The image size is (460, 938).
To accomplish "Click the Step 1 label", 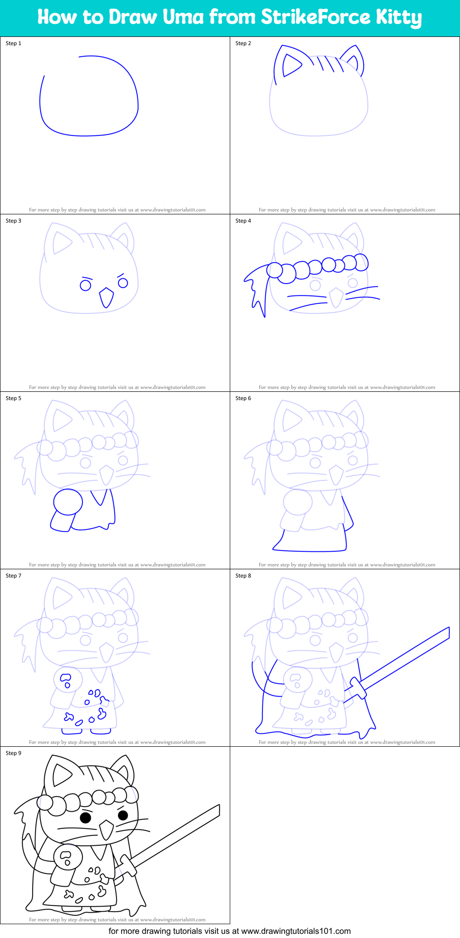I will click(x=13, y=43).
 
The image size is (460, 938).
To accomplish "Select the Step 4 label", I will click(x=243, y=221).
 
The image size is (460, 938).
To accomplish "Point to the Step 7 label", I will click(x=13, y=576).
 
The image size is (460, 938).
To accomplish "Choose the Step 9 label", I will click(x=13, y=753).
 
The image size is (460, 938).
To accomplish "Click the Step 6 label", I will click(x=243, y=398).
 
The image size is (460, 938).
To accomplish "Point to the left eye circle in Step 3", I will click(x=85, y=285).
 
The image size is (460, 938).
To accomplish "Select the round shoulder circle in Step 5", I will click(x=68, y=501).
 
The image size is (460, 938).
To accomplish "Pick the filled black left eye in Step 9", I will click(x=85, y=818).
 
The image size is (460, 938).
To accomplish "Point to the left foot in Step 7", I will click(x=71, y=731).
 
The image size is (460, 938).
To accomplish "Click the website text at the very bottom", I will click(x=229, y=931).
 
